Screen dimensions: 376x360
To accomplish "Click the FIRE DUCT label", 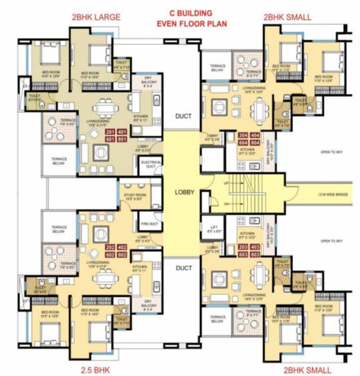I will click(148, 223).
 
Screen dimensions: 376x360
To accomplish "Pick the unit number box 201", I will click(110, 132).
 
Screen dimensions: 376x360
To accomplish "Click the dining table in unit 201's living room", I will click(100, 113).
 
